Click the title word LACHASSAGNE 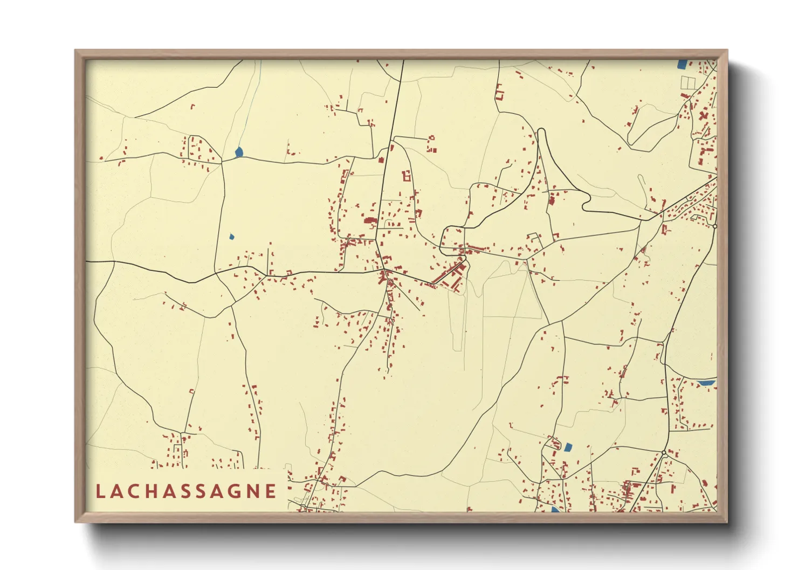tap(186, 491)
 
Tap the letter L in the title tap(100, 491)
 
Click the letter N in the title tap(252, 491)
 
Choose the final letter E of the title tap(271, 491)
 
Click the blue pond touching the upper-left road tap(239, 152)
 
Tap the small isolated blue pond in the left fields tap(232, 236)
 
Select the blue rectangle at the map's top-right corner tap(682, 64)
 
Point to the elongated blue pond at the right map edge tap(706, 383)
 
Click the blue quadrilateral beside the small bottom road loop tap(567, 447)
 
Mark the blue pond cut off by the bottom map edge tap(554, 509)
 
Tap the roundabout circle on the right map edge tap(714, 227)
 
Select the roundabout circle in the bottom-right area tap(664, 454)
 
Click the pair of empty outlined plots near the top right tap(689, 82)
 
